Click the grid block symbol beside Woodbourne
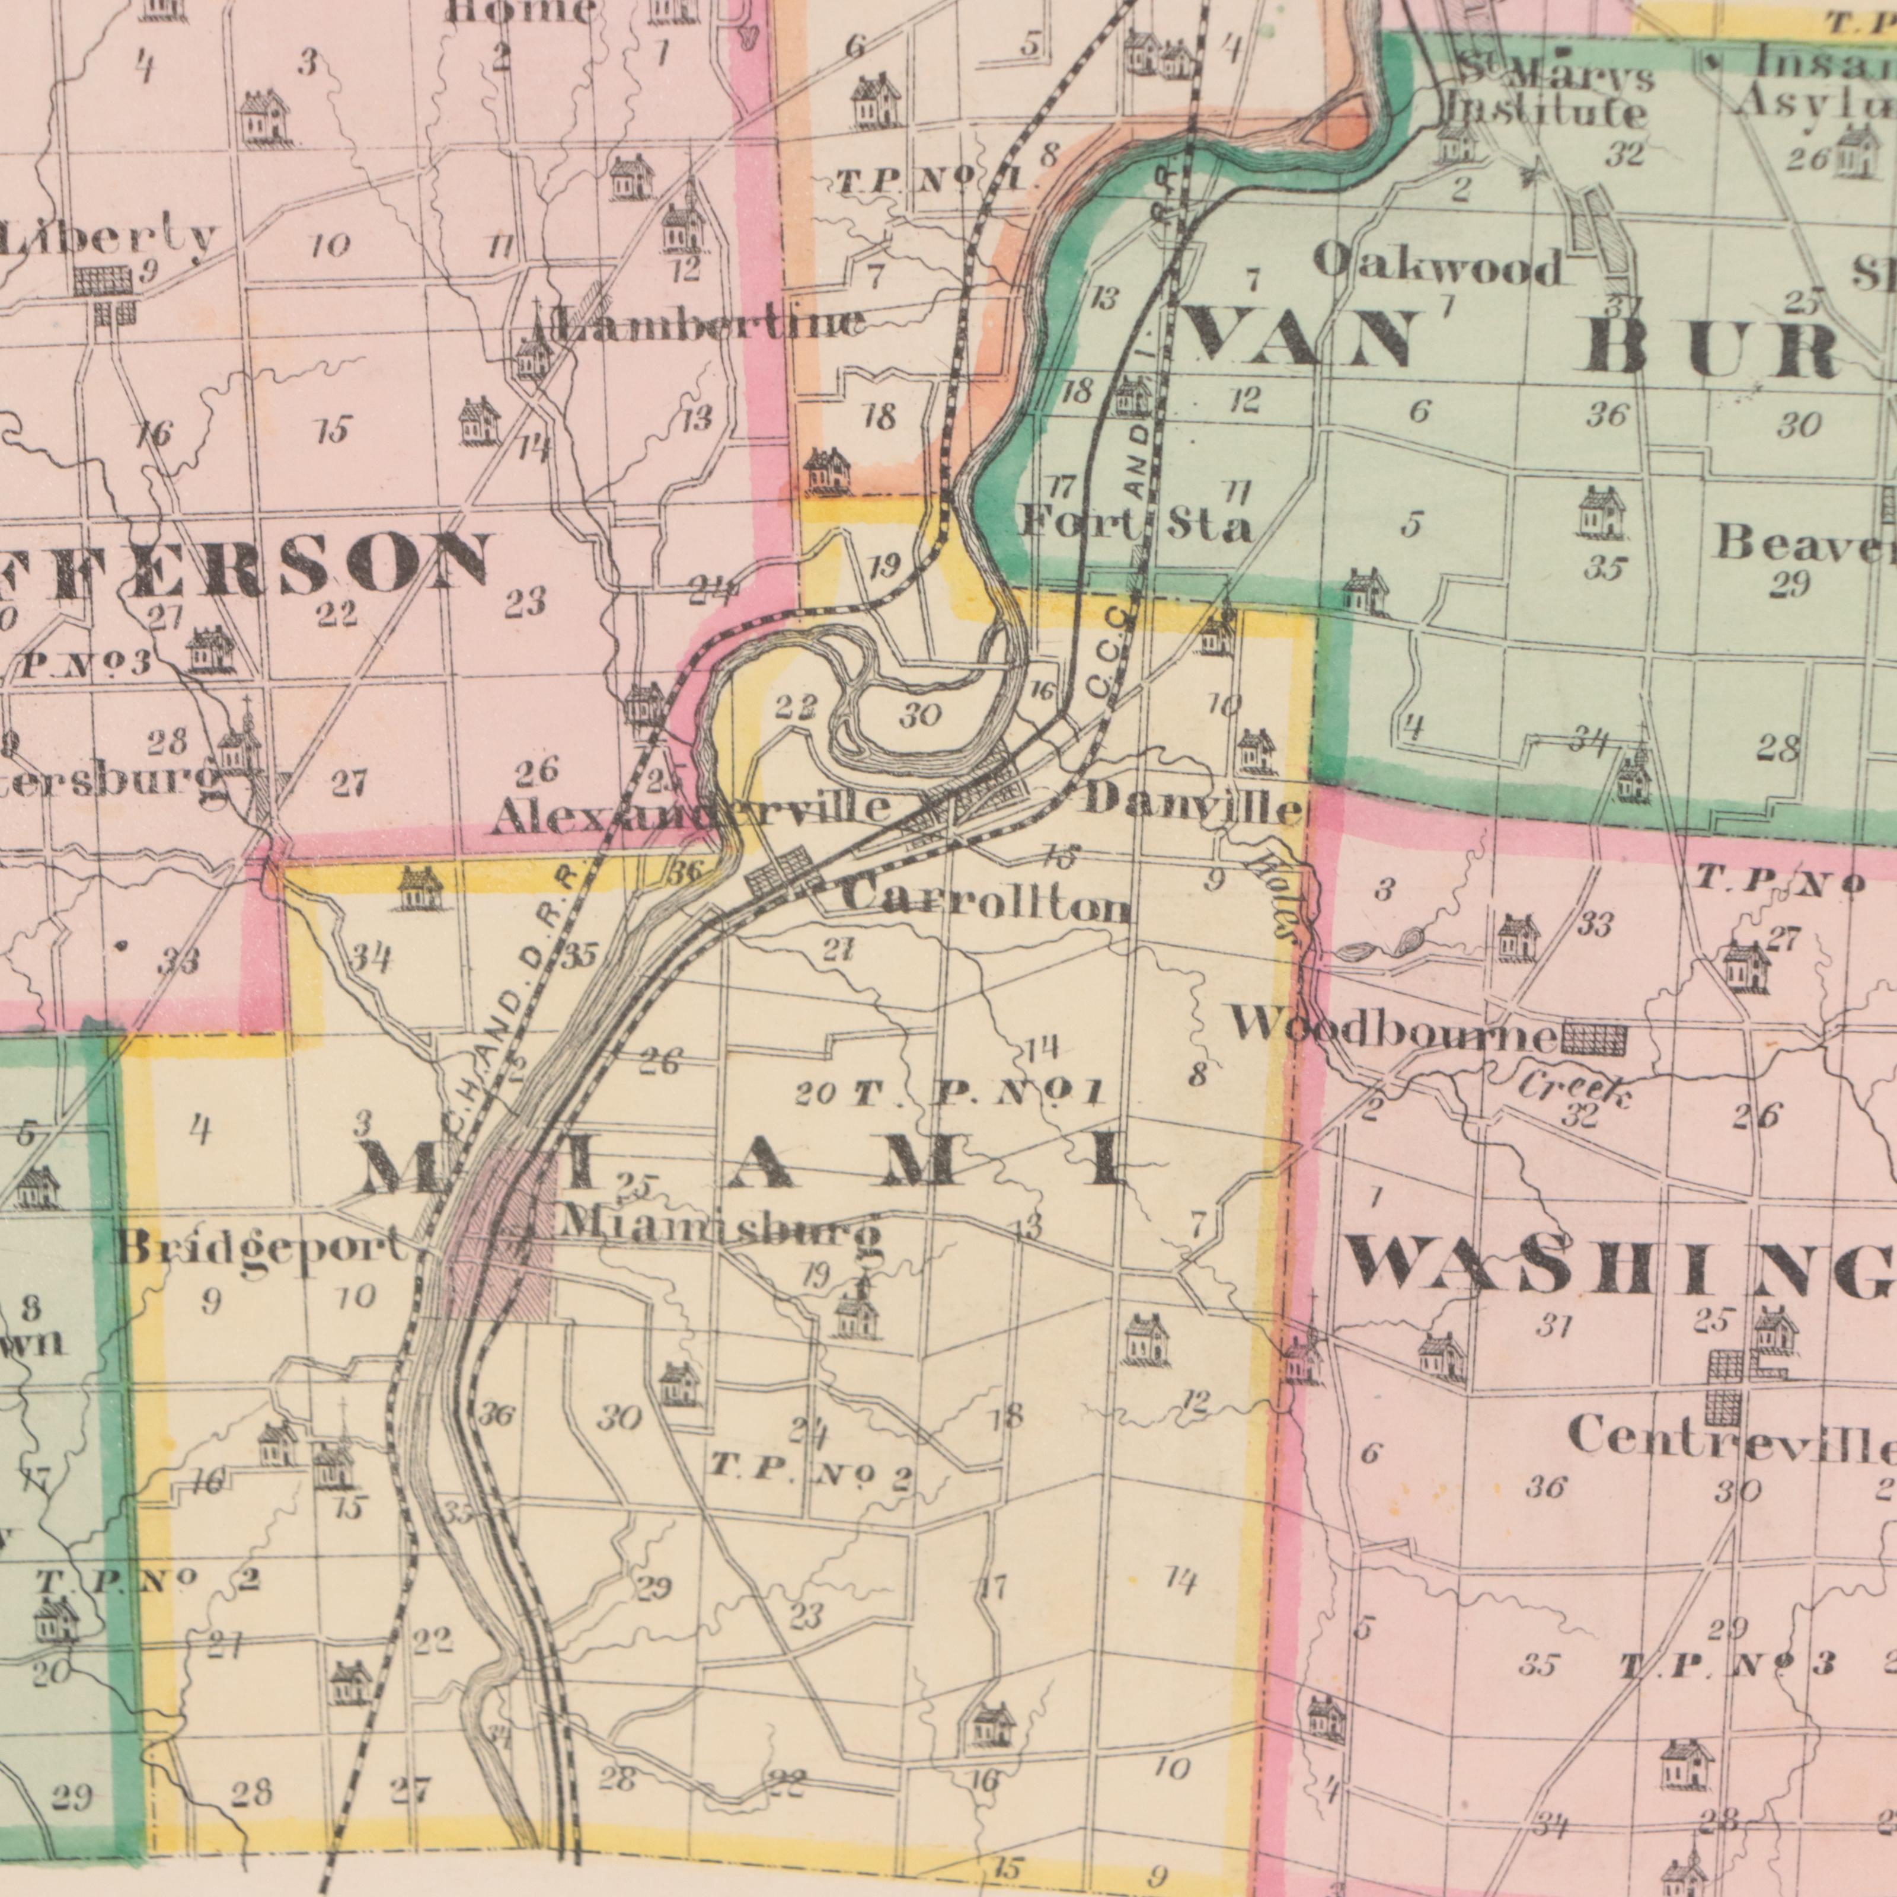(x=1593, y=1036)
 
